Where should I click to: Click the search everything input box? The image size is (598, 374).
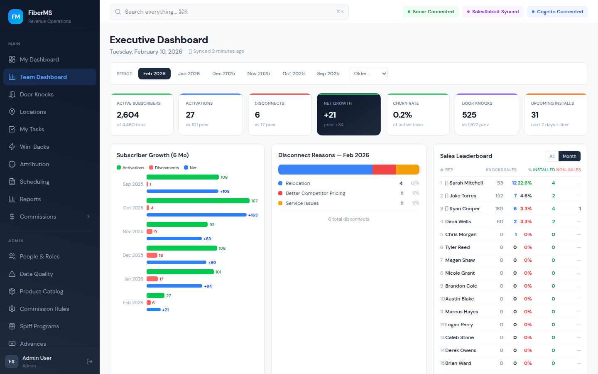point(229,12)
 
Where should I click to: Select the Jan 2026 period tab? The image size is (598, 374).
point(189,74)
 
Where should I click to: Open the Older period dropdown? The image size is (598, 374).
point(368,74)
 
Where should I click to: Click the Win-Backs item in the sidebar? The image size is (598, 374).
point(34,147)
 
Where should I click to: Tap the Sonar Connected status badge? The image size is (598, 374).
point(431,12)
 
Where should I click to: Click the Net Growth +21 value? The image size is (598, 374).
point(330,115)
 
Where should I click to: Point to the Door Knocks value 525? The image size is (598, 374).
point(469,115)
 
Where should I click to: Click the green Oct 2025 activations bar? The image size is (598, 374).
point(198,201)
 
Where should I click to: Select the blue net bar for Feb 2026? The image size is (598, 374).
point(153,310)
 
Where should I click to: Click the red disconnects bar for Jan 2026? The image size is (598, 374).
point(152,279)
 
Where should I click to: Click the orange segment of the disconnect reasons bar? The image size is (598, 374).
point(407,170)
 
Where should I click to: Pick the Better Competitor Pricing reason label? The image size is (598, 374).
point(315,193)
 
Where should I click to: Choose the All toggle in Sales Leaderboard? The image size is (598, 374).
point(551,156)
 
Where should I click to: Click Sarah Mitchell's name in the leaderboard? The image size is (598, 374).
point(466,183)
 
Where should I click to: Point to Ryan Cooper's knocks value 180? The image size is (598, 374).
point(499,209)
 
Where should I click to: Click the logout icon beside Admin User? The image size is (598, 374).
point(90,362)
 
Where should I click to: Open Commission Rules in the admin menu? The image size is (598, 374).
point(44,309)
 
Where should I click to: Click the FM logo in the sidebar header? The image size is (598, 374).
point(16,17)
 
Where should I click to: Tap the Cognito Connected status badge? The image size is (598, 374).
point(557,12)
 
